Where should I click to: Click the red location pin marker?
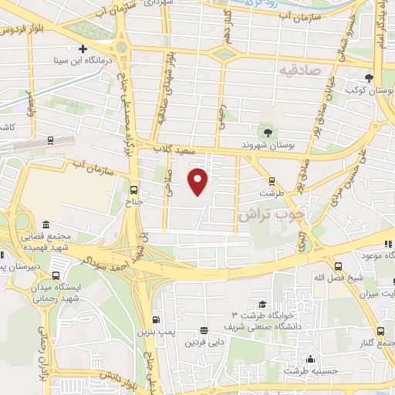198,181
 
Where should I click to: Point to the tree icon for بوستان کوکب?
370,79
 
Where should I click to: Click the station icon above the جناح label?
134,190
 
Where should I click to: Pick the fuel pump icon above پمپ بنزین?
157,320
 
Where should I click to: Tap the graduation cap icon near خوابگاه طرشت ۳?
262,305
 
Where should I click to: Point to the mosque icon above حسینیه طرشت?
310,359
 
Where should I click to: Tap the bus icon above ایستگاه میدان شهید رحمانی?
55,274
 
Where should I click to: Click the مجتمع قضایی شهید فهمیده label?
53,241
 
